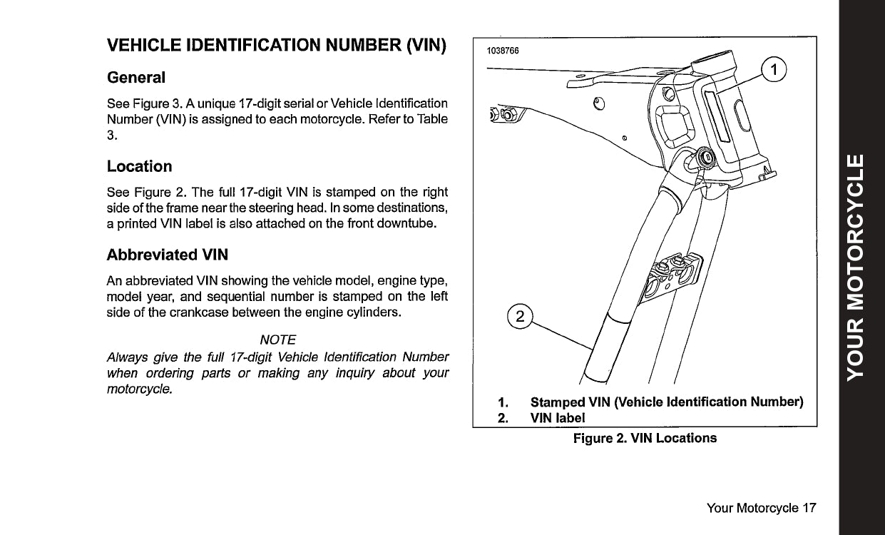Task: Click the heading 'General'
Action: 135,77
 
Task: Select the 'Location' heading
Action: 139,167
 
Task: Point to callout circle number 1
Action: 774,69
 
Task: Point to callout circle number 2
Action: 520,317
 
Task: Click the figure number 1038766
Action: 503,51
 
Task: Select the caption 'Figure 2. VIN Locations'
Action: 645,438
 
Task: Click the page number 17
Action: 809,508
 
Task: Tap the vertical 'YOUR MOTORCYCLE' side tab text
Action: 861,267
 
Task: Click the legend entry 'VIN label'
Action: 557,417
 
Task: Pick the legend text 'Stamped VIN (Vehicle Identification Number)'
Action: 667,402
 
